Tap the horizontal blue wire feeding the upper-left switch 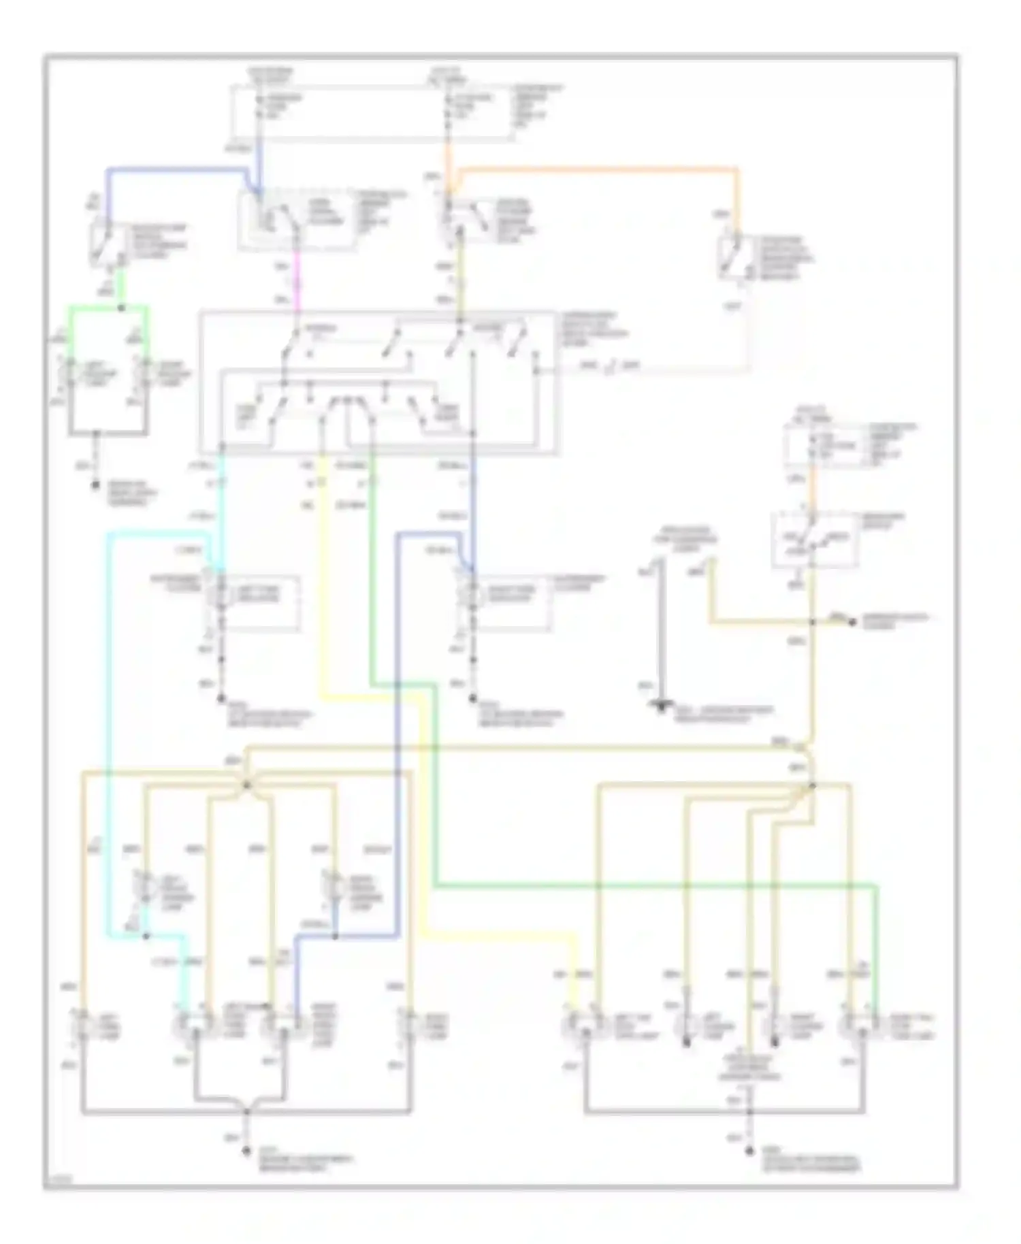coord(177,169)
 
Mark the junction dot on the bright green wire coord(122,308)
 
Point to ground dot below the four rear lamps coord(749,1151)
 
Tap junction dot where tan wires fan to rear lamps coord(812,786)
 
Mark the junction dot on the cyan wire coord(146,936)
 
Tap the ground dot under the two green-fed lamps coord(95,486)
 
